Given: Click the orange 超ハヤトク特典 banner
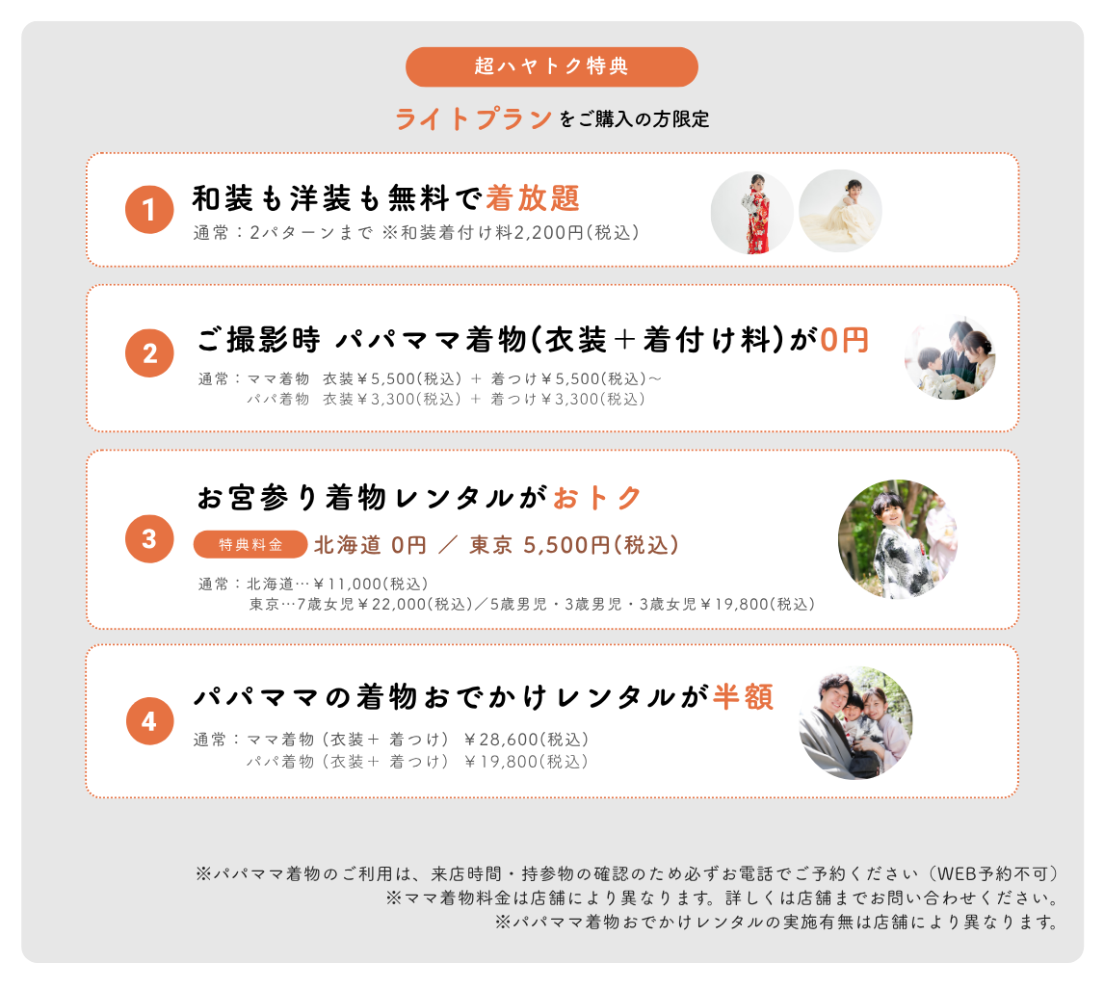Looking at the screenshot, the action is [551, 66].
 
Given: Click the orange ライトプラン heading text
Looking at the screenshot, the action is [473, 119].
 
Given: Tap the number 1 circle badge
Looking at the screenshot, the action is [149, 210].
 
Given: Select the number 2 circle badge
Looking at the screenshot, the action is [149, 353].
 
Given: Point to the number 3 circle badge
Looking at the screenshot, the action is [149, 538].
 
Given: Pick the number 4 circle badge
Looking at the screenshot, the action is [150, 721].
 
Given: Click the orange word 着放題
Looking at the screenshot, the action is [533, 198].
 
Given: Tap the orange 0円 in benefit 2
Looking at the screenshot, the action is [844, 341].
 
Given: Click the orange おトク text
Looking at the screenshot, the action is [597, 498].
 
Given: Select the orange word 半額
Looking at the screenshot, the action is [744, 697].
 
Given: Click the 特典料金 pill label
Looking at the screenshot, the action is [250, 544].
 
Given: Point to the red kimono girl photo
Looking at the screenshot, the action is [752, 213].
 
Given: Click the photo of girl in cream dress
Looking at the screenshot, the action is [840, 211].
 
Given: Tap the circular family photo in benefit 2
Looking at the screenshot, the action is [951, 357].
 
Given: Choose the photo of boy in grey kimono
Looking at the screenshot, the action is [898, 539].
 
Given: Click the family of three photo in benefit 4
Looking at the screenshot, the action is [855, 722].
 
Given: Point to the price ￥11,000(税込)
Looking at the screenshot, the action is [371, 585].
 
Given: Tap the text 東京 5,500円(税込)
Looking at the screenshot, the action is [574, 545].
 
